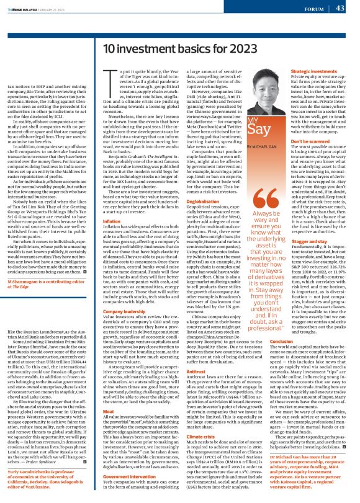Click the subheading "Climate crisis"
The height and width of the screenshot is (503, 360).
(x=182, y=421)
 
